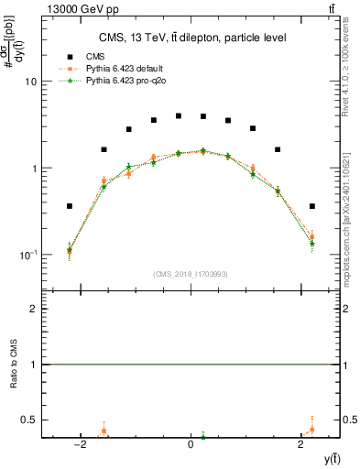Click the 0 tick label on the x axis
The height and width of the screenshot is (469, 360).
point(191,443)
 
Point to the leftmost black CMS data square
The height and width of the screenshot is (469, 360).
point(70,206)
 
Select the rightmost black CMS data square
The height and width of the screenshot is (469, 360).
point(312,206)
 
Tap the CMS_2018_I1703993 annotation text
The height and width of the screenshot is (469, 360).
point(191,273)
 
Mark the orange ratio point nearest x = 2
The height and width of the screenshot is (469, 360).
point(312,429)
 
